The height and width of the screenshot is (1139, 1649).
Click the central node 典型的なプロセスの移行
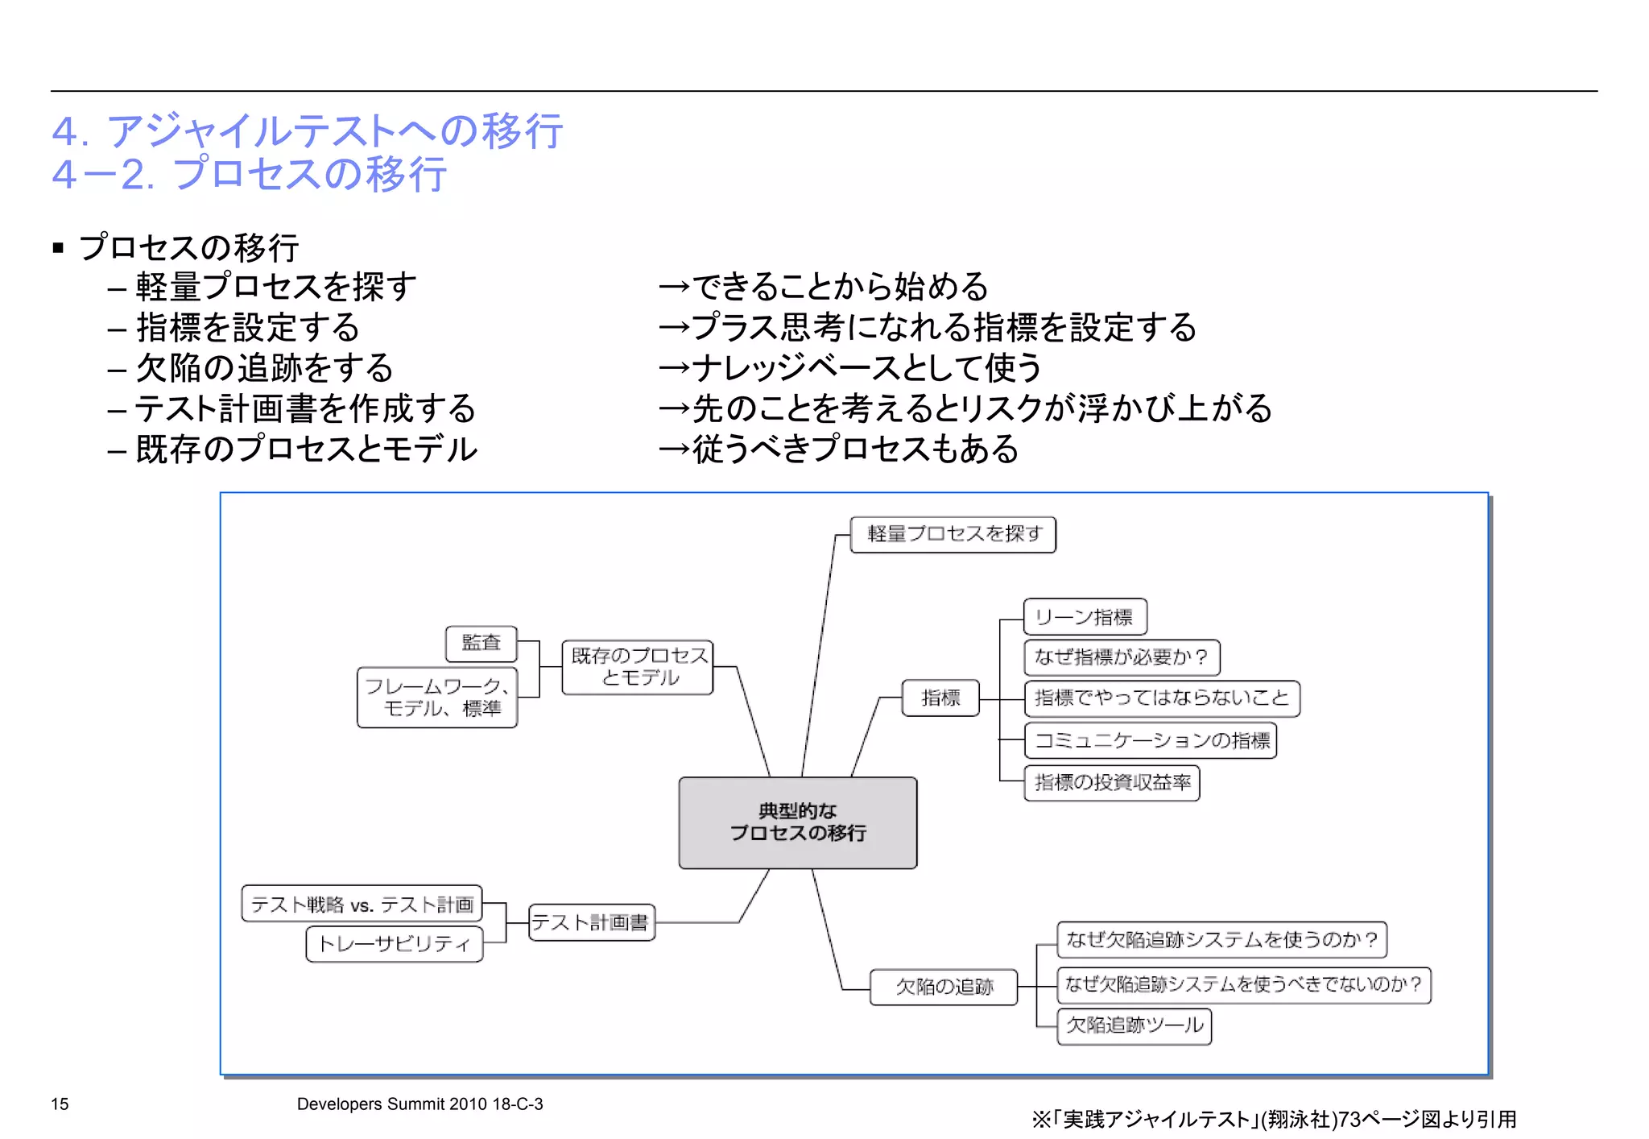(797, 822)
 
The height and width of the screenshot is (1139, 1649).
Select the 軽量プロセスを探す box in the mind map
(953, 534)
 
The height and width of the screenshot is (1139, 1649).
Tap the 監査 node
(481, 643)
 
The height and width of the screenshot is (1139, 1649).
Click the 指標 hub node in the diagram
(940, 698)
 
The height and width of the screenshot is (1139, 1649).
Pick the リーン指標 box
(1085, 617)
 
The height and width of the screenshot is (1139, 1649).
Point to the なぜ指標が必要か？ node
(1122, 657)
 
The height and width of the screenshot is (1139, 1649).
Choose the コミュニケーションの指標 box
(1151, 740)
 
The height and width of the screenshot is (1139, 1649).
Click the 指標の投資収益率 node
(1112, 783)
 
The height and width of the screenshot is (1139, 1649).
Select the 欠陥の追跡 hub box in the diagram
(944, 987)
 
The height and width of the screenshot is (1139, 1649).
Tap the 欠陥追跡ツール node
(1134, 1026)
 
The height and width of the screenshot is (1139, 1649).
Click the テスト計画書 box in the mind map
(592, 922)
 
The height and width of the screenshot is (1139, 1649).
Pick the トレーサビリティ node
(395, 944)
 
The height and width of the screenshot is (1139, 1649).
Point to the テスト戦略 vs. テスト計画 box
(362, 904)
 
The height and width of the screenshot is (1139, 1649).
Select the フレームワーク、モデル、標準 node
(437, 698)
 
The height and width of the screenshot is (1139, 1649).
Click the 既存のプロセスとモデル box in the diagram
(638, 667)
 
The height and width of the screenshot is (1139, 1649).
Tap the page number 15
(60, 1104)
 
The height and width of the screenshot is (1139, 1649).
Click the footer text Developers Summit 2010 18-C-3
(419, 1104)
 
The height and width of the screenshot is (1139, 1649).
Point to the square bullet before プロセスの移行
(58, 248)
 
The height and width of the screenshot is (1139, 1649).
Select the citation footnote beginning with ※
(1274, 1120)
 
